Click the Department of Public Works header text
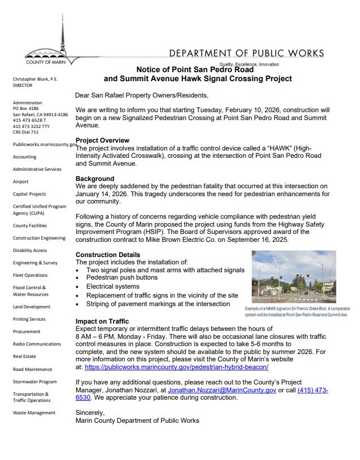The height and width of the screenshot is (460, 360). (247, 54)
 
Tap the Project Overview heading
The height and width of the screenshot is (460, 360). (102, 140)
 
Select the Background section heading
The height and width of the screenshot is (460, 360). (95, 179)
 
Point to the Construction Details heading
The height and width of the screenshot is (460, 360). (108, 255)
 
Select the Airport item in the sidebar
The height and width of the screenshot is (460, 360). (21, 182)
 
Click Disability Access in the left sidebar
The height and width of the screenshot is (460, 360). (30, 250)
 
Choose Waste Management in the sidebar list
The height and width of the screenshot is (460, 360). (34, 413)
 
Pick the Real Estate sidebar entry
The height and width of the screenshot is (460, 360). (24, 356)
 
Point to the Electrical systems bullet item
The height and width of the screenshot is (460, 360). (113, 286)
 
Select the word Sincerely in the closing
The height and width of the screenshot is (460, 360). (90, 413)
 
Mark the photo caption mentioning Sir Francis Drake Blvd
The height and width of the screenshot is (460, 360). (297, 311)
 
